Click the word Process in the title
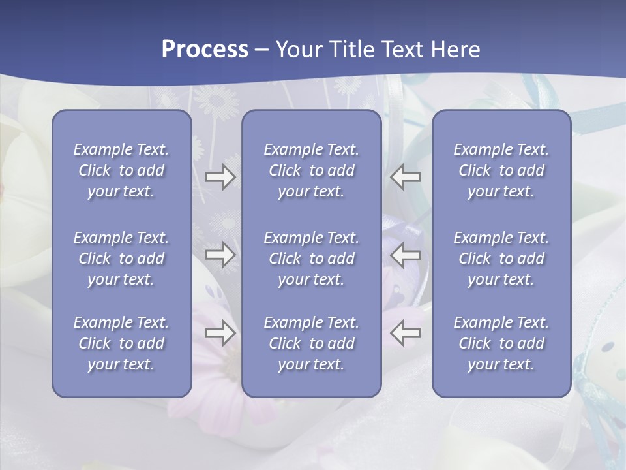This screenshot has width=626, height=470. point(205,50)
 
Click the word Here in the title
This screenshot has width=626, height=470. point(455,50)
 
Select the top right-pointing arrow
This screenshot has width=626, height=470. point(220,177)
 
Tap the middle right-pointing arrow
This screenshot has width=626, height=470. point(220,255)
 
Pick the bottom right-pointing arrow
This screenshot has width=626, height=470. point(220,333)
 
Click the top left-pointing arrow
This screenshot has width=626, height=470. point(405,177)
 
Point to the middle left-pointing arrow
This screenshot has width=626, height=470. point(405,255)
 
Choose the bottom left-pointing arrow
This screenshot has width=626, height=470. point(405,333)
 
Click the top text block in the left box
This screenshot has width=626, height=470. point(121,170)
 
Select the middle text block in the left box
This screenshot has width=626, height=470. point(121,258)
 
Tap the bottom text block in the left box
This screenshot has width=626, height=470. point(121,343)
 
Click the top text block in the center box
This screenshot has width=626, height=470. point(311,170)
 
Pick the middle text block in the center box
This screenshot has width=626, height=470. point(311,258)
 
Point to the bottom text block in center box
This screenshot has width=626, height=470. point(311,343)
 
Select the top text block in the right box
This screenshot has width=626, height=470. point(501,170)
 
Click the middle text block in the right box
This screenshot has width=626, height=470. point(501,258)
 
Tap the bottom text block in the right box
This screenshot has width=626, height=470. point(501,343)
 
